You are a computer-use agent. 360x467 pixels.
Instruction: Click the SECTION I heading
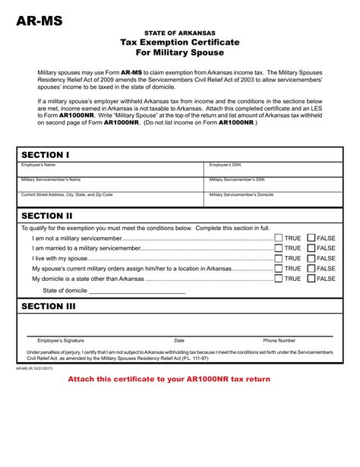pos(46,155)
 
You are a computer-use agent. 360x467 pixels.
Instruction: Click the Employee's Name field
pos(110,169)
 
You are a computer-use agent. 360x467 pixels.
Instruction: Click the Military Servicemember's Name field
pos(110,185)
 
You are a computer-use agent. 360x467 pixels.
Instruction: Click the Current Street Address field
pos(110,199)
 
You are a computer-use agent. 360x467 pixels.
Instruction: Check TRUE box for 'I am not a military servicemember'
pos(279,238)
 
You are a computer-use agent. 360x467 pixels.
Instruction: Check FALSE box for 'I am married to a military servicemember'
pos(311,248)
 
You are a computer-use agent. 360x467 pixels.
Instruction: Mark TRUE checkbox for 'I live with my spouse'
pos(279,258)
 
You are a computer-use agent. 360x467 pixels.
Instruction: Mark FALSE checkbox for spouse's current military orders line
pos(311,268)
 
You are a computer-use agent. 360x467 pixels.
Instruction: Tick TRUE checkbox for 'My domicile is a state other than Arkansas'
pos(279,279)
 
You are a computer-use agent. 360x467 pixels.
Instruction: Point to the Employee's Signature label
pos(61,340)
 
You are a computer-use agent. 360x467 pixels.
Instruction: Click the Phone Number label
pos(279,340)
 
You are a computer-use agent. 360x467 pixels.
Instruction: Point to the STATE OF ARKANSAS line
pos(180,33)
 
